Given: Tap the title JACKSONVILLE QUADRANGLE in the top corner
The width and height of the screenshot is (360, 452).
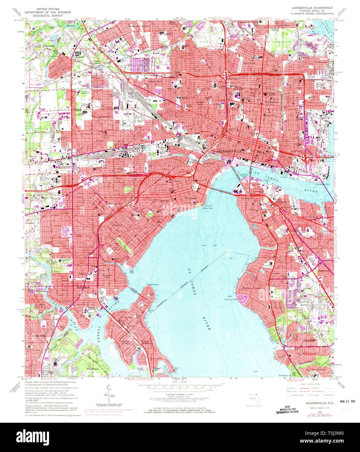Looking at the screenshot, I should click(312, 7).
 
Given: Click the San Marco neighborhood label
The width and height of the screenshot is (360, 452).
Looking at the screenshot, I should click(247, 198).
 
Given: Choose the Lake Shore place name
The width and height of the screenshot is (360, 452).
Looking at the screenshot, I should click(84, 288).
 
